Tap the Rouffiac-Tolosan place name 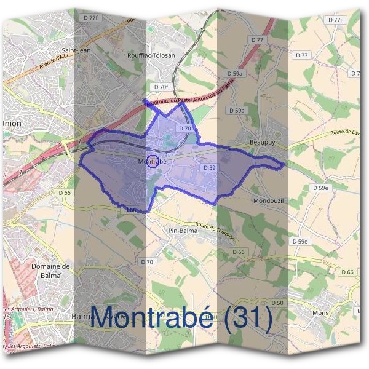151,55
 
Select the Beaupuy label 260,141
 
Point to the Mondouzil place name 268,200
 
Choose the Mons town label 321,313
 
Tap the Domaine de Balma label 51,271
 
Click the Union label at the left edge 12,122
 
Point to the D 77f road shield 89,18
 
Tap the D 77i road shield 335,20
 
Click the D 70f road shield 161,87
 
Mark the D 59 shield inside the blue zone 208,167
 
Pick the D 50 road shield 277,303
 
